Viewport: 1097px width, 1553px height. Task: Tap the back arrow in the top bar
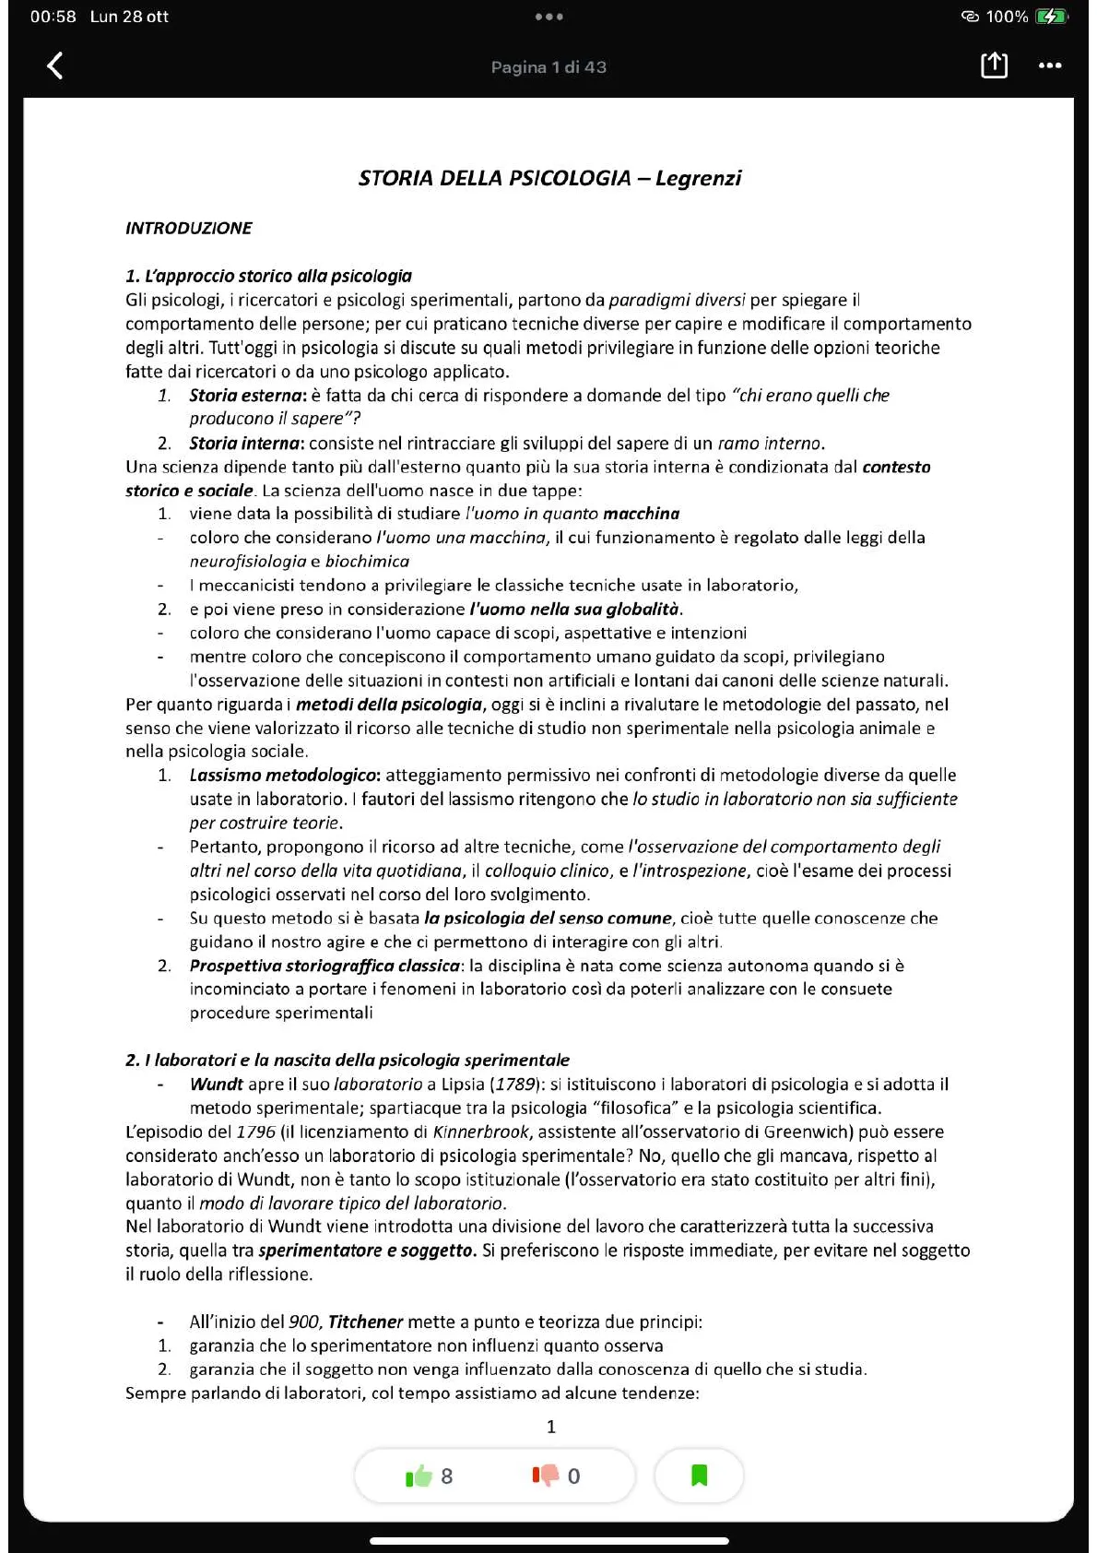55,65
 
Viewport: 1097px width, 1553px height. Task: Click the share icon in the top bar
994,65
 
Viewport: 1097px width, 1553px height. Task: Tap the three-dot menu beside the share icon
1050,65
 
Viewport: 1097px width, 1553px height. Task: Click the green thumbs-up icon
419,1476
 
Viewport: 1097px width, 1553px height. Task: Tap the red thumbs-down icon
546,1476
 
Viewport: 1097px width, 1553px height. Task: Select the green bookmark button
699,1476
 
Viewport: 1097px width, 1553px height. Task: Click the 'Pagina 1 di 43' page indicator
548,67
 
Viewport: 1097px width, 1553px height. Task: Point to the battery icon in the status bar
1050,17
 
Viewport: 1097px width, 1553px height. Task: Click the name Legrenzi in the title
698,178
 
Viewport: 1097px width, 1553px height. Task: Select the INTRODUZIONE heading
188,228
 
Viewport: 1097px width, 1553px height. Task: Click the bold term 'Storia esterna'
246,396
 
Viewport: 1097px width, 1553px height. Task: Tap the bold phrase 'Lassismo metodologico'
284,776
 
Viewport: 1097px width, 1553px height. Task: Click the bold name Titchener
365,1322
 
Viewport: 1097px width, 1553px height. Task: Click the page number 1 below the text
551,1427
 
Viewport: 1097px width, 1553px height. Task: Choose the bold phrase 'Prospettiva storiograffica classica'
324,966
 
